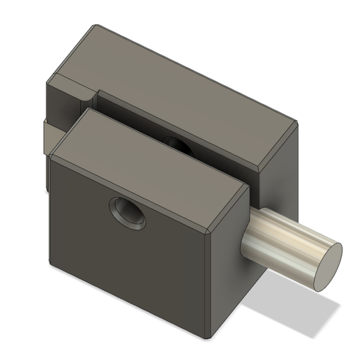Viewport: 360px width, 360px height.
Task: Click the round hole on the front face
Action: tap(128, 213)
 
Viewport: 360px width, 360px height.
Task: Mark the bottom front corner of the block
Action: tap(207, 338)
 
